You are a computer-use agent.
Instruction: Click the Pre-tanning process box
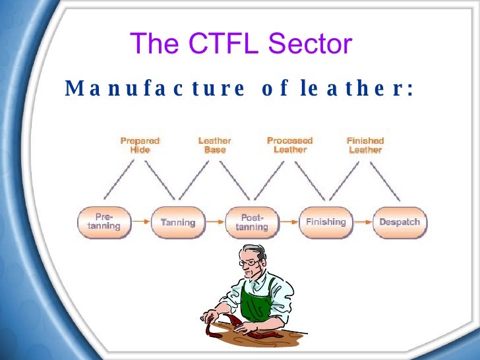tap(104, 222)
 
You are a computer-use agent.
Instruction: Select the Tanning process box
tap(178, 222)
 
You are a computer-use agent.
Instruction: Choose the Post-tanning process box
tap(252, 222)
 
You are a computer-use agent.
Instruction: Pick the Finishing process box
tap(326, 222)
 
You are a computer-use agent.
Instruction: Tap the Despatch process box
tap(400, 222)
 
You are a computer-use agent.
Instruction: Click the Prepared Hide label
tap(140, 145)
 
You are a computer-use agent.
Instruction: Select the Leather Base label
tap(215, 145)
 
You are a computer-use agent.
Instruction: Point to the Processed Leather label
tap(289, 145)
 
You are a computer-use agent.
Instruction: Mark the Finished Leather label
tap(365, 145)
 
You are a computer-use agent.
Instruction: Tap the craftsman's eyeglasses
tap(249, 262)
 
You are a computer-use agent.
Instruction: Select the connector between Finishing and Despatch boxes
tap(363, 222)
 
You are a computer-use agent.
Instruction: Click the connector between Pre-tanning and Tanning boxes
tap(140, 222)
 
